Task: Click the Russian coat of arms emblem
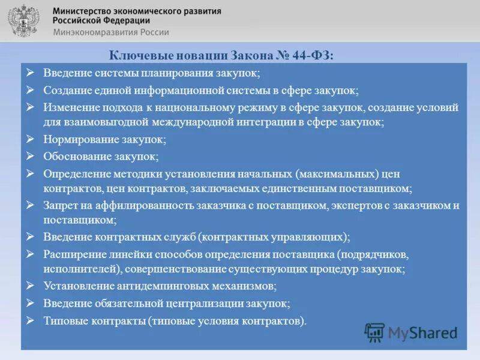pos(22,22)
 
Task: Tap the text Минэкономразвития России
pos(111,32)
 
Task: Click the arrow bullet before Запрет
pos(31,205)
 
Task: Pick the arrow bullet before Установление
pos(31,285)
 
